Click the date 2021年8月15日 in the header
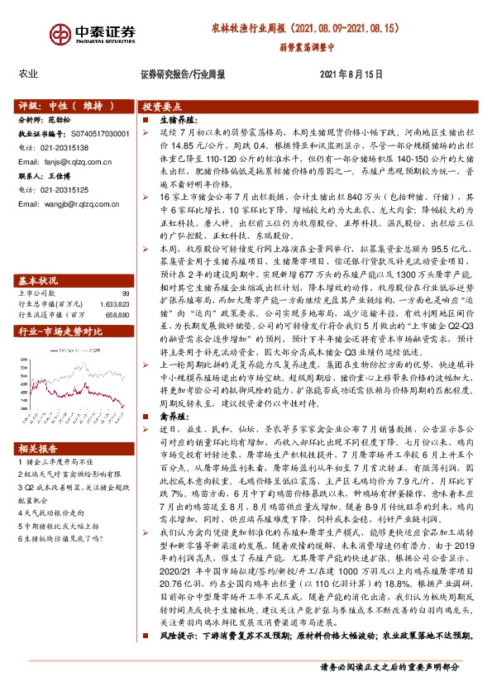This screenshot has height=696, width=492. point(351,74)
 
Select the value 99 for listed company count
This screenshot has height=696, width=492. point(125,293)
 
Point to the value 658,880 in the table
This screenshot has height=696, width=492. point(117,314)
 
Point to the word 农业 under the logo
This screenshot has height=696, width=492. point(28,74)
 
